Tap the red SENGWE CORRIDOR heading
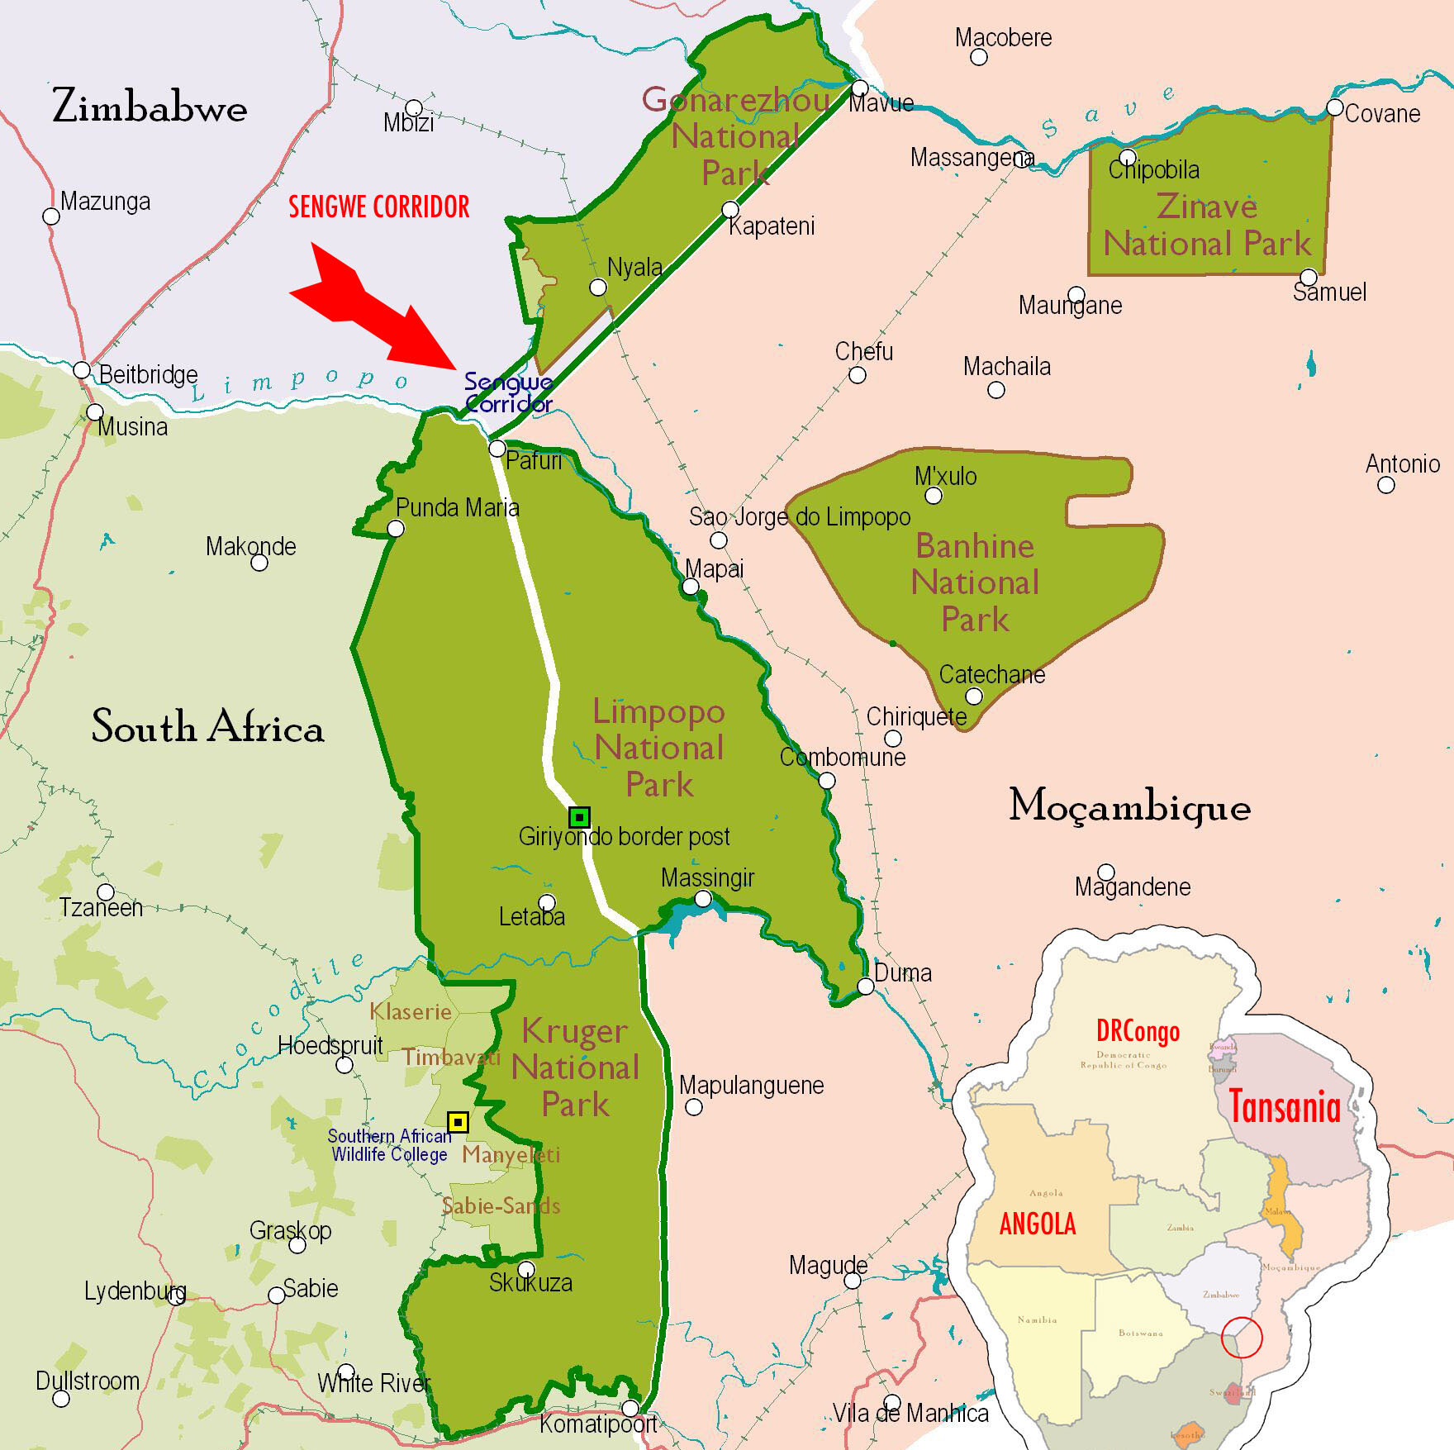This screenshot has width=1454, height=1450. pos(378,207)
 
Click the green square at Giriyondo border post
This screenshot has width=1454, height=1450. pos(579,817)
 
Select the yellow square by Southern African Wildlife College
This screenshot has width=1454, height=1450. pos(458,1122)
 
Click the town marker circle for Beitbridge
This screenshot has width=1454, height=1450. pos(82,369)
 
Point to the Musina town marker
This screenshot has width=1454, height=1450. pos(95,411)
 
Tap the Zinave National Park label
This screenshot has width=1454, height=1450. pos(1207,225)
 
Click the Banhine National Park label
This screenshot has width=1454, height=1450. pos(975,582)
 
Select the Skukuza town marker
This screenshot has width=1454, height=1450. pos(526,1269)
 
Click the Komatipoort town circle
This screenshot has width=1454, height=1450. pos(630,1408)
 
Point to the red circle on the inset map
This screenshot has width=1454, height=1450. pos(1242,1337)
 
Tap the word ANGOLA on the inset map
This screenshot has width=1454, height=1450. pos(1038,1224)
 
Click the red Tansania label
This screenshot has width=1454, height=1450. pos(1285,1107)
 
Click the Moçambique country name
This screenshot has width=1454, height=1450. pos(1129,806)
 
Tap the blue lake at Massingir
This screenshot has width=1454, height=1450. pos(677,919)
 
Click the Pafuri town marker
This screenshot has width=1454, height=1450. pos(497,449)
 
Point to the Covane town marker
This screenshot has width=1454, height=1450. pos(1335,107)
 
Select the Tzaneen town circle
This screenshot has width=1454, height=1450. pos(106,892)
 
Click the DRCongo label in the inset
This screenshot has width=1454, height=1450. pos(1138,1031)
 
